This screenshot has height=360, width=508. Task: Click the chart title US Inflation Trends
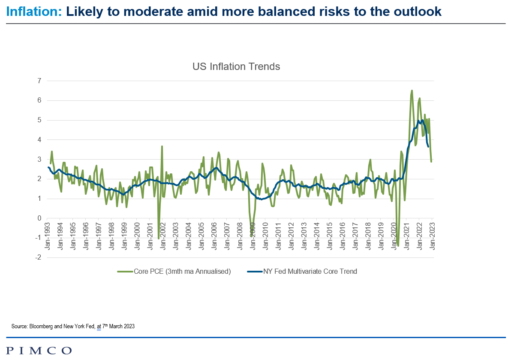(236, 67)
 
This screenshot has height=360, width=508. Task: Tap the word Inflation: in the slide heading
(34, 12)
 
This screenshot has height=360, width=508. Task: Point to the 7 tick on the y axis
(39, 81)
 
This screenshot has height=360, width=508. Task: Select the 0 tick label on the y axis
(39, 218)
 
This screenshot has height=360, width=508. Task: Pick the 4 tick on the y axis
(39, 140)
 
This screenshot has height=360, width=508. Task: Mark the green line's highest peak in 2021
(412, 91)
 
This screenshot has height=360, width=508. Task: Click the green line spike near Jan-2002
(162, 146)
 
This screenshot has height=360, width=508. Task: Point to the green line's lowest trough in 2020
(398, 246)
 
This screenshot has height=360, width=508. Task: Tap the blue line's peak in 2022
(422, 120)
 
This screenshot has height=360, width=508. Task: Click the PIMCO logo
(39, 351)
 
